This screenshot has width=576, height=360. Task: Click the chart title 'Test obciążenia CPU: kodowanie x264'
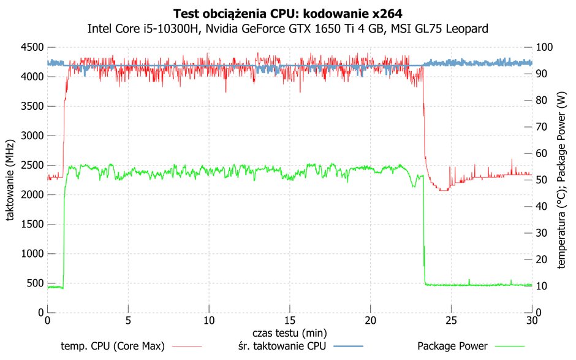(x=287, y=13)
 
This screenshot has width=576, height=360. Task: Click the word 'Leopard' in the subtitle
(x=467, y=28)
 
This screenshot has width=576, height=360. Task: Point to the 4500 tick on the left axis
(x=32, y=47)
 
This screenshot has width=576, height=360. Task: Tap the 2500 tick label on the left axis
(x=32, y=165)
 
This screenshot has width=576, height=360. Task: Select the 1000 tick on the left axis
(x=32, y=254)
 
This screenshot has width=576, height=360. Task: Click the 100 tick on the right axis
(x=544, y=47)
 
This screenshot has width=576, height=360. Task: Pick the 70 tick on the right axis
(x=542, y=127)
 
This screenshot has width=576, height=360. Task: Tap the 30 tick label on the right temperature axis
(x=542, y=233)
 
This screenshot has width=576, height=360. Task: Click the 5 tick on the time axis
(x=128, y=321)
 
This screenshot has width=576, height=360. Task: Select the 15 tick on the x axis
(x=289, y=321)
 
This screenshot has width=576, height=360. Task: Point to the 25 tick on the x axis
(x=451, y=321)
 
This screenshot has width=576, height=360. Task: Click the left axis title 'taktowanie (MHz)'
(x=10, y=180)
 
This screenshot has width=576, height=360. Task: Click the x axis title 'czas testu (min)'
(x=289, y=333)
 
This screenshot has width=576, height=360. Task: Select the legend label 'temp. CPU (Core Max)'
(x=113, y=346)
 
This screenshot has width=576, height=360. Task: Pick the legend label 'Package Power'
(x=453, y=346)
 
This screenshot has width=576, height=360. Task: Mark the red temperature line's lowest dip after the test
(x=444, y=190)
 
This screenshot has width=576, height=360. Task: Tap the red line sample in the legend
(x=187, y=346)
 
